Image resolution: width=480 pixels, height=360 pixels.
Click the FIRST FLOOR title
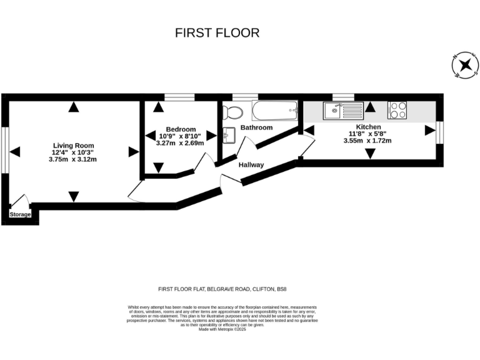pyautogui.click(x=217, y=32)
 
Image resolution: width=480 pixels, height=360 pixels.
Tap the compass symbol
pyautogui.click(x=464, y=66)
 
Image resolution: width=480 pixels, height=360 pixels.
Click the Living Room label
pyautogui.click(x=73, y=145)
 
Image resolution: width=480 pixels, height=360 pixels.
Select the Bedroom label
pyautogui.click(x=181, y=129)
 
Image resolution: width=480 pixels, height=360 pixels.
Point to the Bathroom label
pyautogui.click(x=257, y=127)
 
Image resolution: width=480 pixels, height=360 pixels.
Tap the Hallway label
pyautogui.click(x=251, y=165)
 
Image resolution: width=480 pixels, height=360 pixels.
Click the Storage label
pyautogui.click(x=20, y=214)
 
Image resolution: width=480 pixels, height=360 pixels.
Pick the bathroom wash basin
pyautogui.click(x=228, y=134)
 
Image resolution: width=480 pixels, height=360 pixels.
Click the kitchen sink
pyautogui.click(x=342, y=111)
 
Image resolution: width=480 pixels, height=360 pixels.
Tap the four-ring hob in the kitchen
pyautogui.click(x=397, y=110)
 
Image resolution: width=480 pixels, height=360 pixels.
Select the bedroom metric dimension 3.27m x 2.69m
pyautogui.click(x=180, y=143)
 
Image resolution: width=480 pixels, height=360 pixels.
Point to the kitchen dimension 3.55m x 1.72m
pyautogui.click(x=367, y=141)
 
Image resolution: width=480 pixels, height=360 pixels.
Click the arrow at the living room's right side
pyautogui.click(x=133, y=151)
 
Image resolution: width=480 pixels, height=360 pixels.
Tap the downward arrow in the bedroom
pyautogui.click(x=157, y=167)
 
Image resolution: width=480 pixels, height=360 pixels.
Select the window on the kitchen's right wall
pyautogui.click(x=441, y=130)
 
